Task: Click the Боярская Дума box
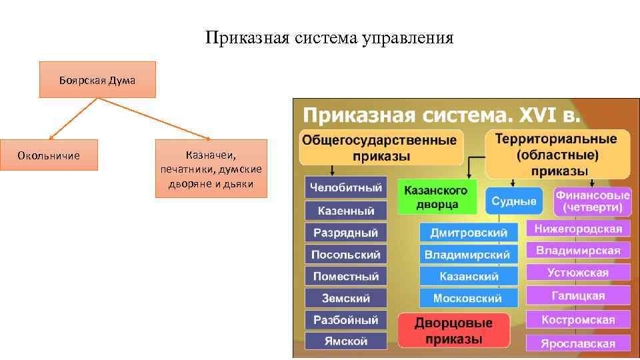(97, 80)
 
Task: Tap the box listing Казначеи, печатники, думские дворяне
(211, 169)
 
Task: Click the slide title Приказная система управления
(329, 38)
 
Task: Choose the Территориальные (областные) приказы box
(557, 154)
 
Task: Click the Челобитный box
(345, 188)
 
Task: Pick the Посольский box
(345, 255)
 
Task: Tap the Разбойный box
(345, 319)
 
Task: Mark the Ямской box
(345, 341)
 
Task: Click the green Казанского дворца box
(436, 197)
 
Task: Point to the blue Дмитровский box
(469, 233)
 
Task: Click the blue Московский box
(469, 297)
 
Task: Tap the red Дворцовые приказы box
(453, 331)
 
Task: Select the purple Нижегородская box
(578, 229)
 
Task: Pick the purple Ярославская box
(578, 343)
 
